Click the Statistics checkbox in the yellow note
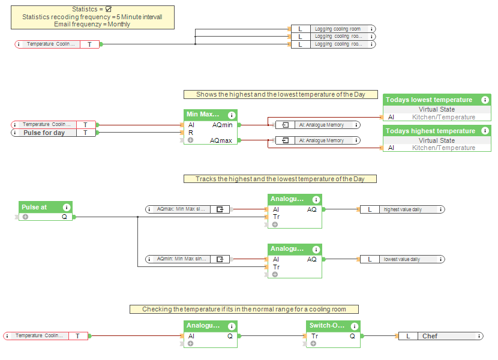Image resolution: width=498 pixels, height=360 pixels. point(108,10)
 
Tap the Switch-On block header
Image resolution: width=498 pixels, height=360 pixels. point(327,326)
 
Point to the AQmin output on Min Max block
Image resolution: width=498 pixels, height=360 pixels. point(222,125)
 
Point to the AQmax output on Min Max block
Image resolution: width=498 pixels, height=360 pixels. point(222,140)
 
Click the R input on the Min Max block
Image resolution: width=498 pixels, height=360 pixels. point(191,133)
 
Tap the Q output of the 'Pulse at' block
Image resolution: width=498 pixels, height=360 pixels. point(64,217)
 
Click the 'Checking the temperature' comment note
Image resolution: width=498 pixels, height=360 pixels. point(244,309)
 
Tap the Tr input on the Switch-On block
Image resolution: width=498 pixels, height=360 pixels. point(313,336)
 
